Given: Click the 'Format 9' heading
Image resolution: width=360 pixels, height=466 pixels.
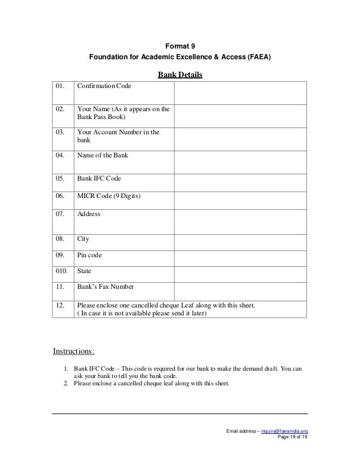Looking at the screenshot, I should click(x=179, y=46).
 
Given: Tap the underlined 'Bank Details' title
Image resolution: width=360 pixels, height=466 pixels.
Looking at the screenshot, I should click(x=179, y=74).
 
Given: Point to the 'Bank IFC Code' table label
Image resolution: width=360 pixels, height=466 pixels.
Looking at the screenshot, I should click(x=99, y=178).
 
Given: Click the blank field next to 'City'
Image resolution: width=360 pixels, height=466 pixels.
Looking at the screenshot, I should click(x=240, y=242).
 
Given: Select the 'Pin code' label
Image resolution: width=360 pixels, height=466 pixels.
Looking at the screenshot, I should click(x=90, y=255).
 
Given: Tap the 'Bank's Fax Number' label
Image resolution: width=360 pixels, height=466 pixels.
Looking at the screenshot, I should click(x=106, y=287).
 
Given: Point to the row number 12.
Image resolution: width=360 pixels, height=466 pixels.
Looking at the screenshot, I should click(x=59, y=305).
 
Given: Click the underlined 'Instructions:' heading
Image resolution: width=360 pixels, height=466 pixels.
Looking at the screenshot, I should click(x=74, y=352).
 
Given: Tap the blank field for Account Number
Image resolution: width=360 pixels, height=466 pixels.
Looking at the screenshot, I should click(x=240, y=137).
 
